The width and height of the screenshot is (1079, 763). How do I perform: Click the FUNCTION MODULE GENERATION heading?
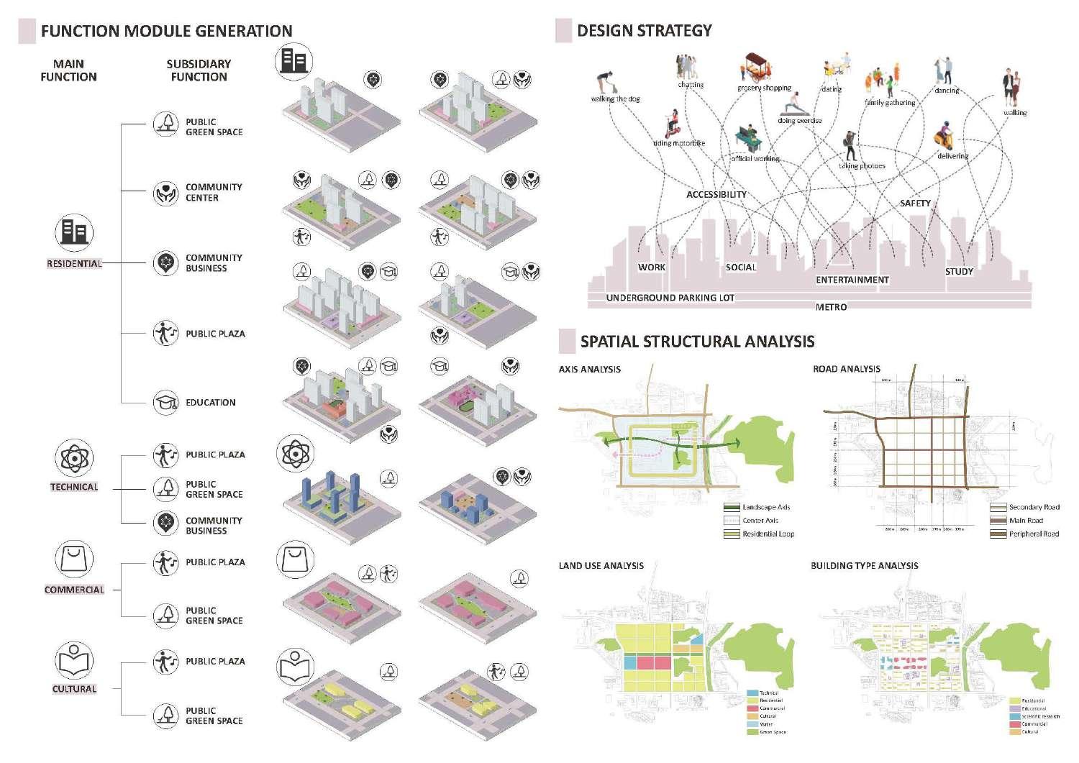tap(166, 31)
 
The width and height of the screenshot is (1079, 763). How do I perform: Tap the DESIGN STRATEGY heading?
tap(644, 30)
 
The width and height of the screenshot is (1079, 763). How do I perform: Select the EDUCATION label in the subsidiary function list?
tap(210, 403)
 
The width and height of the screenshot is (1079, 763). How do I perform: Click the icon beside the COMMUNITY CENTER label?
tap(165, 193)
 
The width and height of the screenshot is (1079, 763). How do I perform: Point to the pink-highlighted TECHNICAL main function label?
tap(74, 487)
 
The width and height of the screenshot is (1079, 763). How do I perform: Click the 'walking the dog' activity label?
tap(615, 99)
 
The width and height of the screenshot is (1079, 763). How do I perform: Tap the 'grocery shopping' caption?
tap(764, 88)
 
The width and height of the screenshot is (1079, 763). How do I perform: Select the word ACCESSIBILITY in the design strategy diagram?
tap(716, 194)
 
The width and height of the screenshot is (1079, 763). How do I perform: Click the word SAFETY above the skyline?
tap(915, 204)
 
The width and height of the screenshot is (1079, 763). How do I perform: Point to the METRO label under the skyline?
tap(831, 307)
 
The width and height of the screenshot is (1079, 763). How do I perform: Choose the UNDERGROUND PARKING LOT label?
tap(670, 298)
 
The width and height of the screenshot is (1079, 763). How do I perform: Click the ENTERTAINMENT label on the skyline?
tap(852, 280)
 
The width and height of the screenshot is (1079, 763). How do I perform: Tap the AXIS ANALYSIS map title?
tap(589, 370)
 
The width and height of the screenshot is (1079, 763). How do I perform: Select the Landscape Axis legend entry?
tap(765, 507)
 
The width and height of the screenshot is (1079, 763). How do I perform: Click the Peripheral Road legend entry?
tap(1033, 534)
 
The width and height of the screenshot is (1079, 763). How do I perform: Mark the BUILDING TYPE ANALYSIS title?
tap(864, 566)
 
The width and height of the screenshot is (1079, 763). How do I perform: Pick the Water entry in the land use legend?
tap(766, 724)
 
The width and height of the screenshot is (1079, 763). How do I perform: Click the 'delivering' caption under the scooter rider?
tap(952, 156)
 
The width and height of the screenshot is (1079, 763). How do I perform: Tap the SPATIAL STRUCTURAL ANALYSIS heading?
tap(697, 342)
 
